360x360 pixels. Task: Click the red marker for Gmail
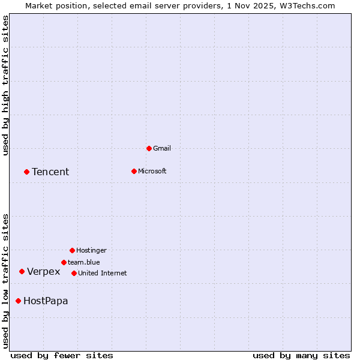pos(149,148)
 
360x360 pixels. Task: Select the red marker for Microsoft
pos(134,171)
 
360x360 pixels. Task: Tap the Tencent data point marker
pos(26,172)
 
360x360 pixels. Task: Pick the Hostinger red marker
pos(72,250)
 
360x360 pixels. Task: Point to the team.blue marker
pos(64,262)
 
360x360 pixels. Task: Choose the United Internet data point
pos(74,273)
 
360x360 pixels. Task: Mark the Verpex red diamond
pos(22,271)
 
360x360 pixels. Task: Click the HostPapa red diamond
pos(18,301)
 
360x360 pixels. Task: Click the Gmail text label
pos(162,148)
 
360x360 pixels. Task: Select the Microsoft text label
pos(152,171)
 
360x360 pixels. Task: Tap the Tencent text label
pos(50,172)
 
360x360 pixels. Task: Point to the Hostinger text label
pos(91,250)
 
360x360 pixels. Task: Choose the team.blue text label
pos(83,262)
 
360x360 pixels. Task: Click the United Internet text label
pos(102,273)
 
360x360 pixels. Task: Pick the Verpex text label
pos(44,272)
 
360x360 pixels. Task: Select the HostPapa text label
pos(46,301)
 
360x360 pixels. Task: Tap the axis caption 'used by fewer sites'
pos(62,355)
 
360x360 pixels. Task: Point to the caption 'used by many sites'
pos(301,355)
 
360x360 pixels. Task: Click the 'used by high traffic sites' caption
pos(5,85)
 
